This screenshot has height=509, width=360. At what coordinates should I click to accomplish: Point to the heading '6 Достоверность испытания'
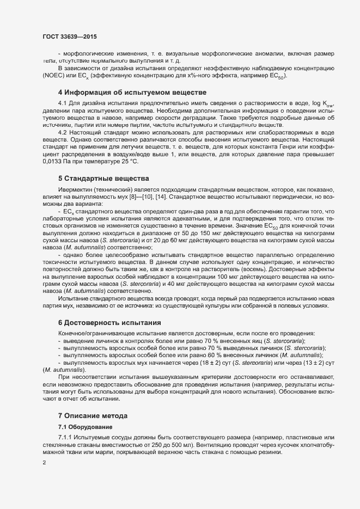109,322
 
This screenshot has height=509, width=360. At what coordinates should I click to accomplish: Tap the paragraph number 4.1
63,103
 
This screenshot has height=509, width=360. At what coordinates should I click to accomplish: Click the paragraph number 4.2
63,132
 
